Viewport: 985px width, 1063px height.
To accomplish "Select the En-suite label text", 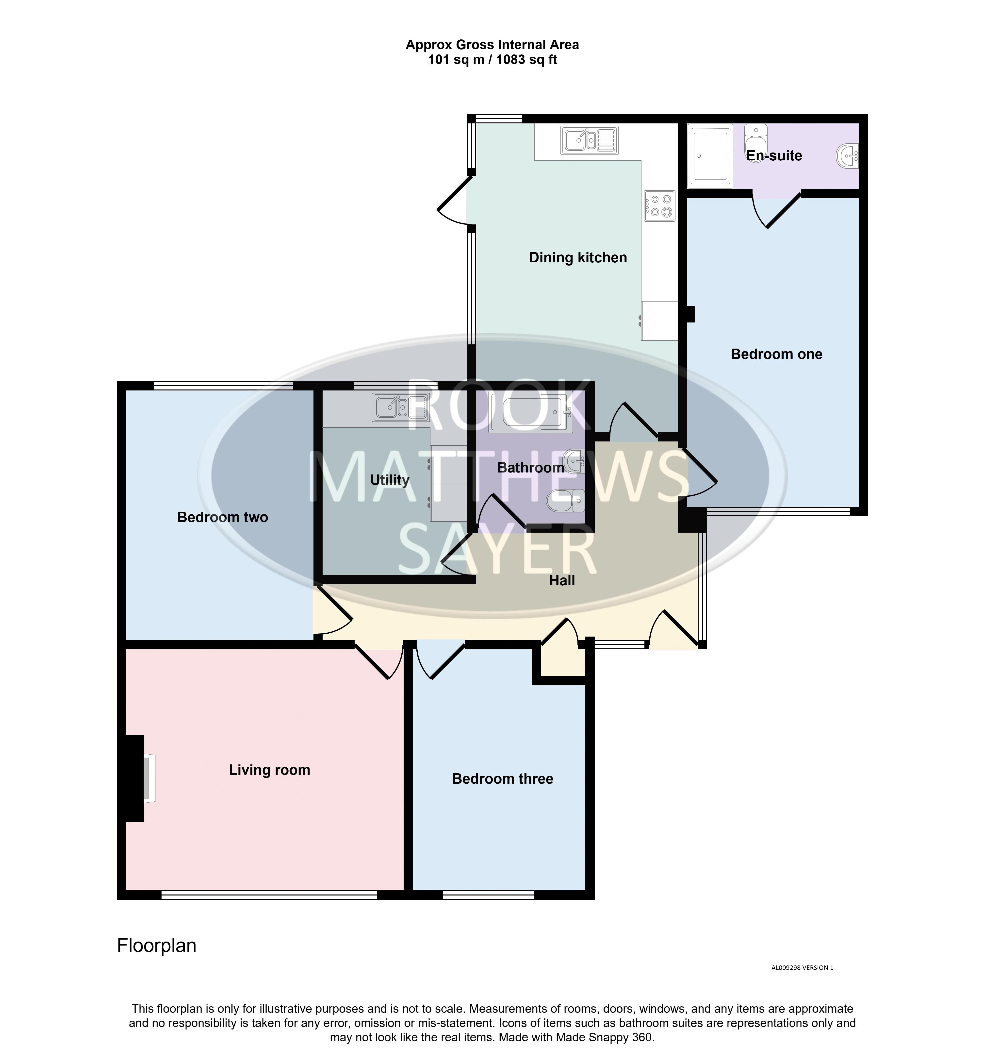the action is tap(774, 156).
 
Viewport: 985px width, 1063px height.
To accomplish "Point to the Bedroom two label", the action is tap(222, 517).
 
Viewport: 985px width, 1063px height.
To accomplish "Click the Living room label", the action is tap(269, 770).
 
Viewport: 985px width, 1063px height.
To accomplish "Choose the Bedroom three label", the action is tap(503, 779).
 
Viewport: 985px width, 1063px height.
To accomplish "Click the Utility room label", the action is tap(390, 480).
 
